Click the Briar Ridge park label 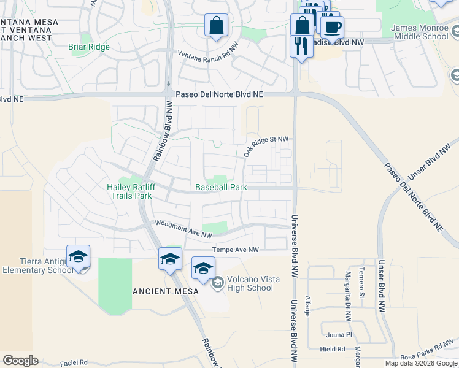pyautogui.click(x=89, y=47)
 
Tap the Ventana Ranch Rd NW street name pyautogui.click(x=209, y=53)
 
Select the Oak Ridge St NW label pyautogui.click(x=266, y=146)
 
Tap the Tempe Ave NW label pyautogui.click(x=236, y=250)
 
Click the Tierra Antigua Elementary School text pyautogui.click(x=38, y=266)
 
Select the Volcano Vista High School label pyautogui.click(x=250, y=283)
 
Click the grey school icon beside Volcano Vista pyautogui.click(x=217, y=283)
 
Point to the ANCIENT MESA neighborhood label pyautogui.click(x=166, y=291)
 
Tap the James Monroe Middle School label pyautogui.click(x=420, y=32)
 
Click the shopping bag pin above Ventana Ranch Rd pyautogui.click(x=216, y=26)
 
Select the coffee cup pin pyautogui.click(x=332, y=27)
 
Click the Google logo pyautogui.click(x=21, y=361)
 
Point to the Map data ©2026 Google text pyautogui.click(x=421, y=363)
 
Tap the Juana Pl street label pyautogui.click(x=339, y=335)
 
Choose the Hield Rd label pyautogui.click(x=333, y=349)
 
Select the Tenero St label pyautogui.click(x=362, y=282)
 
